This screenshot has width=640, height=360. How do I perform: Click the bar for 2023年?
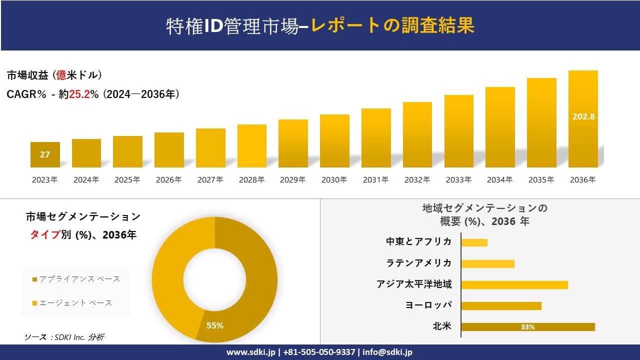[x=45, y=154]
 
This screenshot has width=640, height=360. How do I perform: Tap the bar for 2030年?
[x=334, y=141]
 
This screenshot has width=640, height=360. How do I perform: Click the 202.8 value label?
[x=583, y=116]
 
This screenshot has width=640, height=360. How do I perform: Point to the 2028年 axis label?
[x=251, y=180]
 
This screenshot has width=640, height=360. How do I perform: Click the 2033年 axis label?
[x=458, y=180]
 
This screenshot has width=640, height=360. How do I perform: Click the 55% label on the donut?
[x=215, y=325]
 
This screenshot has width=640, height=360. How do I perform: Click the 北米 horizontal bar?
[x=528, y=327]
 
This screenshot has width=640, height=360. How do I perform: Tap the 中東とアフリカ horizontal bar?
[x=474, y=242]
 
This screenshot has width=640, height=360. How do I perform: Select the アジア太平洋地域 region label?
[x=414, y=284]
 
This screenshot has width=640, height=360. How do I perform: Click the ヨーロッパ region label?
[x=428, y=305]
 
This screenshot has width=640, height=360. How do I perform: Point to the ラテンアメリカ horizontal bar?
[x=487, y=263]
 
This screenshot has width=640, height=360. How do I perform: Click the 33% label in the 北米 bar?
[x=527, y=327]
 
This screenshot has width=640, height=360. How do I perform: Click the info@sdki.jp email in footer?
[x=388, y=352]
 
